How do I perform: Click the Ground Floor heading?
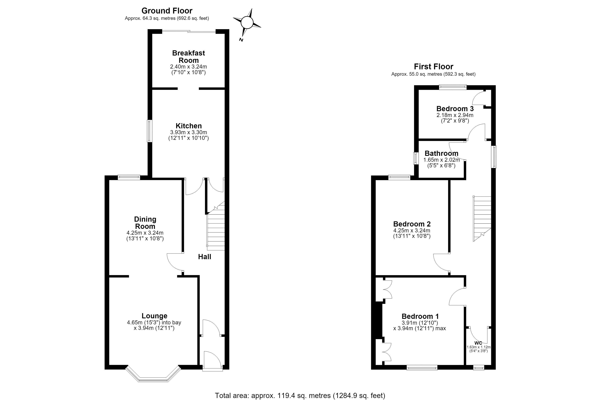(167, 11)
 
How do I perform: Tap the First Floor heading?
(433, 66)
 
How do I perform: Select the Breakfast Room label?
(188, 57)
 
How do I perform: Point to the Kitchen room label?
(188, 126)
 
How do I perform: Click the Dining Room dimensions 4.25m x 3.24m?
(145, 233)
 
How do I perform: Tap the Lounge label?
(154, 316)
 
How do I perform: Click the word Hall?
(205, 257)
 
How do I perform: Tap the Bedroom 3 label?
(455, 109)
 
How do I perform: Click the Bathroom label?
(441, 153)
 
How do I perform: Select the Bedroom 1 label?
(420, 316)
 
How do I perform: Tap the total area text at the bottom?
(300, 395)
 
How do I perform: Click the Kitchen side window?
(149, 131)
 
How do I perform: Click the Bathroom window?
(416, 158)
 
